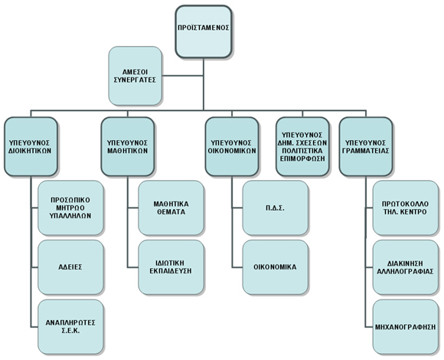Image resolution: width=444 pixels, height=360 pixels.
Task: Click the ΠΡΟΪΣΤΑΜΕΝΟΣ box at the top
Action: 204,31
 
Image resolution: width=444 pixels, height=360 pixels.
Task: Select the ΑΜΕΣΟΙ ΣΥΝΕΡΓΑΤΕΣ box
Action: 135,76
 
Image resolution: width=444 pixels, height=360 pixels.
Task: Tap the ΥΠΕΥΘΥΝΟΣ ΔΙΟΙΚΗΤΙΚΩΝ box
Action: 31,146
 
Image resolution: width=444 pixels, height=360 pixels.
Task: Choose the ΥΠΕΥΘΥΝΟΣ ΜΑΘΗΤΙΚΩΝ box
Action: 128,146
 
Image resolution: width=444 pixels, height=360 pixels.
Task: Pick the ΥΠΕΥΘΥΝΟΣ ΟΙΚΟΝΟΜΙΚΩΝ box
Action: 232,146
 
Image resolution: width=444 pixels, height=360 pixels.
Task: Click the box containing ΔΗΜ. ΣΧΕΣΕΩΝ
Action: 302,146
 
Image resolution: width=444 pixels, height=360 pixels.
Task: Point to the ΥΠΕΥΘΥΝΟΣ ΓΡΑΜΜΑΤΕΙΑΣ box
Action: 366,146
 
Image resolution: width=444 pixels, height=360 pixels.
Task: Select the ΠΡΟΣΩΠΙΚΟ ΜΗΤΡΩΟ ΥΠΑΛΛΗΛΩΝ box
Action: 70,208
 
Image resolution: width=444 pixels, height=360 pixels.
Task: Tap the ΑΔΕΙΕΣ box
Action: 70,267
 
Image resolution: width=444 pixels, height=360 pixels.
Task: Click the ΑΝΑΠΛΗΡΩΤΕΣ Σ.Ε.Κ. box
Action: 70,327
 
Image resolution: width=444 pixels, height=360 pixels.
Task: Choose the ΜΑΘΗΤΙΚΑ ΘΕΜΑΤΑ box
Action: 171,208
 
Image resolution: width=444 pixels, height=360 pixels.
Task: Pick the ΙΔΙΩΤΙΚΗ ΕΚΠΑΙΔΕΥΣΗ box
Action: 171,267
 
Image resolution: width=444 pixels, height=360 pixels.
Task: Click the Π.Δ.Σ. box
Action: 276,208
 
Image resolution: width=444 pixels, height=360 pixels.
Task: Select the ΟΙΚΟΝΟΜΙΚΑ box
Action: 276,267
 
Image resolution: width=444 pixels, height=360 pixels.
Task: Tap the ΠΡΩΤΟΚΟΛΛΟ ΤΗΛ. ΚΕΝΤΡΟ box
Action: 406,208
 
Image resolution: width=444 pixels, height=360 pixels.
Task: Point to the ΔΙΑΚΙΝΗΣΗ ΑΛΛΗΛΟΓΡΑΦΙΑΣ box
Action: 406,267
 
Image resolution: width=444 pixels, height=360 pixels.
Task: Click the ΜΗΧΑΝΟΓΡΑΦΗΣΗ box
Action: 406,327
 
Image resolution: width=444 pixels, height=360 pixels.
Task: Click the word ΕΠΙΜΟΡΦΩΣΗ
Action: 302,159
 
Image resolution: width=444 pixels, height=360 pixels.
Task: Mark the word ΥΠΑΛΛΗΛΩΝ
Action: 70,216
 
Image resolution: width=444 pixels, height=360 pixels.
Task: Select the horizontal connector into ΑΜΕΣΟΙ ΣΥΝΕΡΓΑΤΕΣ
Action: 183,76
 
